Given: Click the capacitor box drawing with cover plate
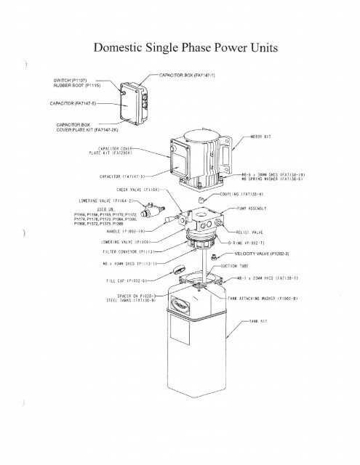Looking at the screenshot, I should (x=135, y=106).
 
